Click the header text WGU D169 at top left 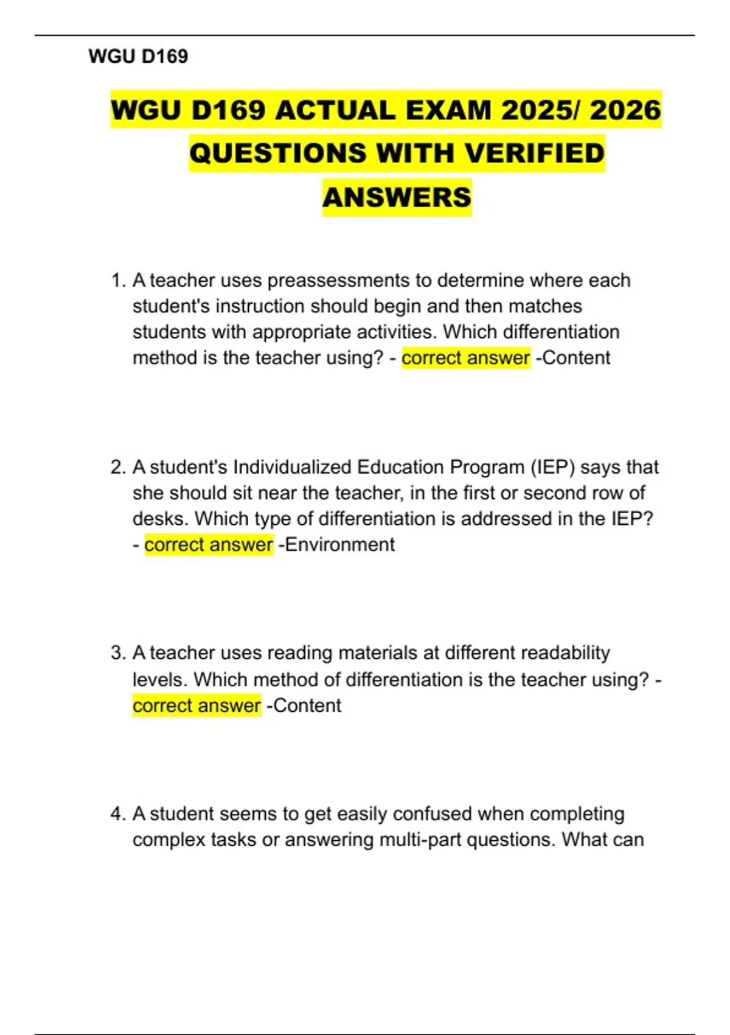(138, 57)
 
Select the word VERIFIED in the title (534, 153)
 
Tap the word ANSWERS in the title (397, 197)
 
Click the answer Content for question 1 (575, 358)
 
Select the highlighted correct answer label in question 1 (465, 358)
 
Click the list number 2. (117, 468)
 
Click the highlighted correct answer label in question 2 (209, 545)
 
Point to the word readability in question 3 (565, 653)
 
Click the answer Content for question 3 (307, 706)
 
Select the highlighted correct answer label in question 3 (196, 706)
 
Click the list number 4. (117, 814)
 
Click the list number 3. (117, 653)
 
